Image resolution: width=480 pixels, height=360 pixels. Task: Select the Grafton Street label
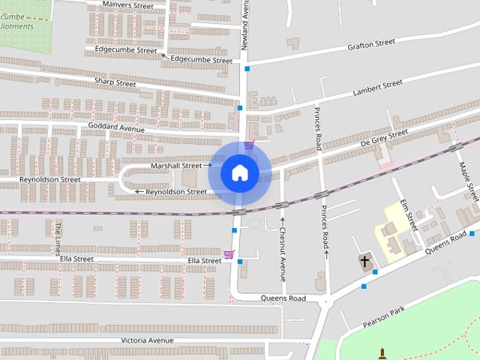(370, 45)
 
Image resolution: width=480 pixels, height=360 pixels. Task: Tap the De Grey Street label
(384, 138)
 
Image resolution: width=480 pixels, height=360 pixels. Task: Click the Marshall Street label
(176, 165)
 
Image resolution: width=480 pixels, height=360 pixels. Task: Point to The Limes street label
(58, 238)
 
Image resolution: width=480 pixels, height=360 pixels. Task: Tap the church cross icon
(365, 262)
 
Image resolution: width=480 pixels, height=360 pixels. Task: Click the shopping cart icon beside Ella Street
(229, 254)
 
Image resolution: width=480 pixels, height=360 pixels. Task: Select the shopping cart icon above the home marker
(248, 145)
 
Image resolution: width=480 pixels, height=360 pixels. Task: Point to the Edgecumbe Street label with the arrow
(201, 60)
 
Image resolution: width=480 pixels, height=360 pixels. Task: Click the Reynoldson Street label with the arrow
(176, 192)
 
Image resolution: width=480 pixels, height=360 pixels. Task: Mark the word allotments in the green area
(16, 26)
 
